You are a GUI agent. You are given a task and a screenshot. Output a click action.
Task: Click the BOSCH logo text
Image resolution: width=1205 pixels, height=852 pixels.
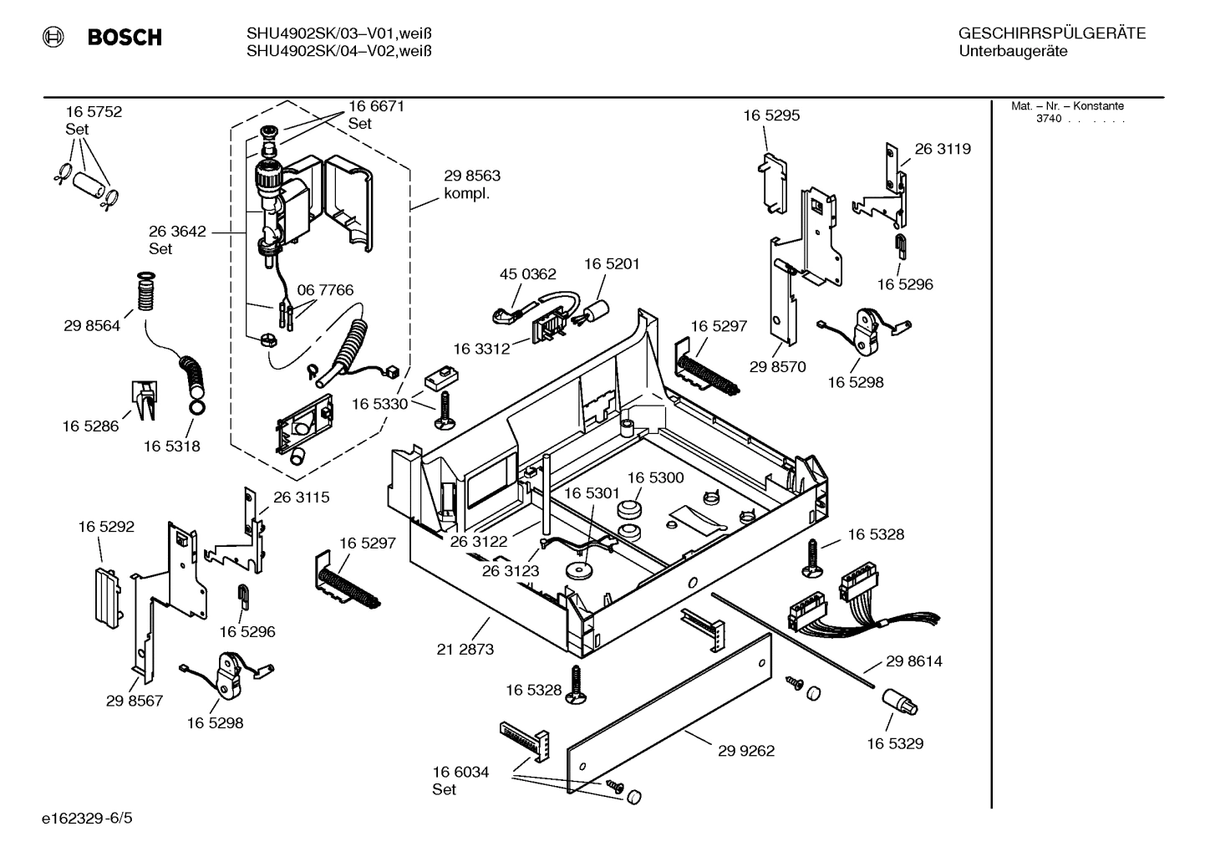(124, 38)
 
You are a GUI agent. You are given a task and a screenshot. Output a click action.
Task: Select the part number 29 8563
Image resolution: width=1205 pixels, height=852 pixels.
(472, 176)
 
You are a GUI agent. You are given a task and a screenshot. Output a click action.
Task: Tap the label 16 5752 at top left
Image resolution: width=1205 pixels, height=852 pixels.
(94, 112)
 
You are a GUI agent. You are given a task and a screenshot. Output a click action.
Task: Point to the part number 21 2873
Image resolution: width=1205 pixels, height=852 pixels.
(465, 648)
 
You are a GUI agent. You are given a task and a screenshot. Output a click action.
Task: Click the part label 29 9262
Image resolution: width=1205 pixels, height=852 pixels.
(746, 751)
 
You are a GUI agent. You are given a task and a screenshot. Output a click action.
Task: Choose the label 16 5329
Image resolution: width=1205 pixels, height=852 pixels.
(895, 743)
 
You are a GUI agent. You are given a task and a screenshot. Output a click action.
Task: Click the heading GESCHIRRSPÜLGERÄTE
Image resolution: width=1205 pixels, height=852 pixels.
(1051, 33)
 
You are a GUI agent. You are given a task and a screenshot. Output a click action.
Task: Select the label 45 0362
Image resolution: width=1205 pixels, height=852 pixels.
(527, 273)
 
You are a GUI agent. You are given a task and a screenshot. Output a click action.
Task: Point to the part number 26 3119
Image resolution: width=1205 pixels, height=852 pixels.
(943, 149)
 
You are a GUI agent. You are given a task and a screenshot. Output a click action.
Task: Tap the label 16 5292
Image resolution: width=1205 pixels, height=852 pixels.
(106, 527)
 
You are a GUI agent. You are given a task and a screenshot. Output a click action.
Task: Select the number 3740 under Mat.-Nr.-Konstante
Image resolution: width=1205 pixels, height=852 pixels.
(1048, 119)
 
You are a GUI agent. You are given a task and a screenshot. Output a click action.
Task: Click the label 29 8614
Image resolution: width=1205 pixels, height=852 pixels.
(914, 661)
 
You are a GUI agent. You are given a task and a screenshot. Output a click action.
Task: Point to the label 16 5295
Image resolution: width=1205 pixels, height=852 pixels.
(771, 115)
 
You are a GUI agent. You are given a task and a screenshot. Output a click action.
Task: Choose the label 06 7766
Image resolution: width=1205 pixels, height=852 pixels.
(325, 290)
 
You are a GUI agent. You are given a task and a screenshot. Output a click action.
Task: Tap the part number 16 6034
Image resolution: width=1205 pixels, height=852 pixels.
(460, 772)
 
